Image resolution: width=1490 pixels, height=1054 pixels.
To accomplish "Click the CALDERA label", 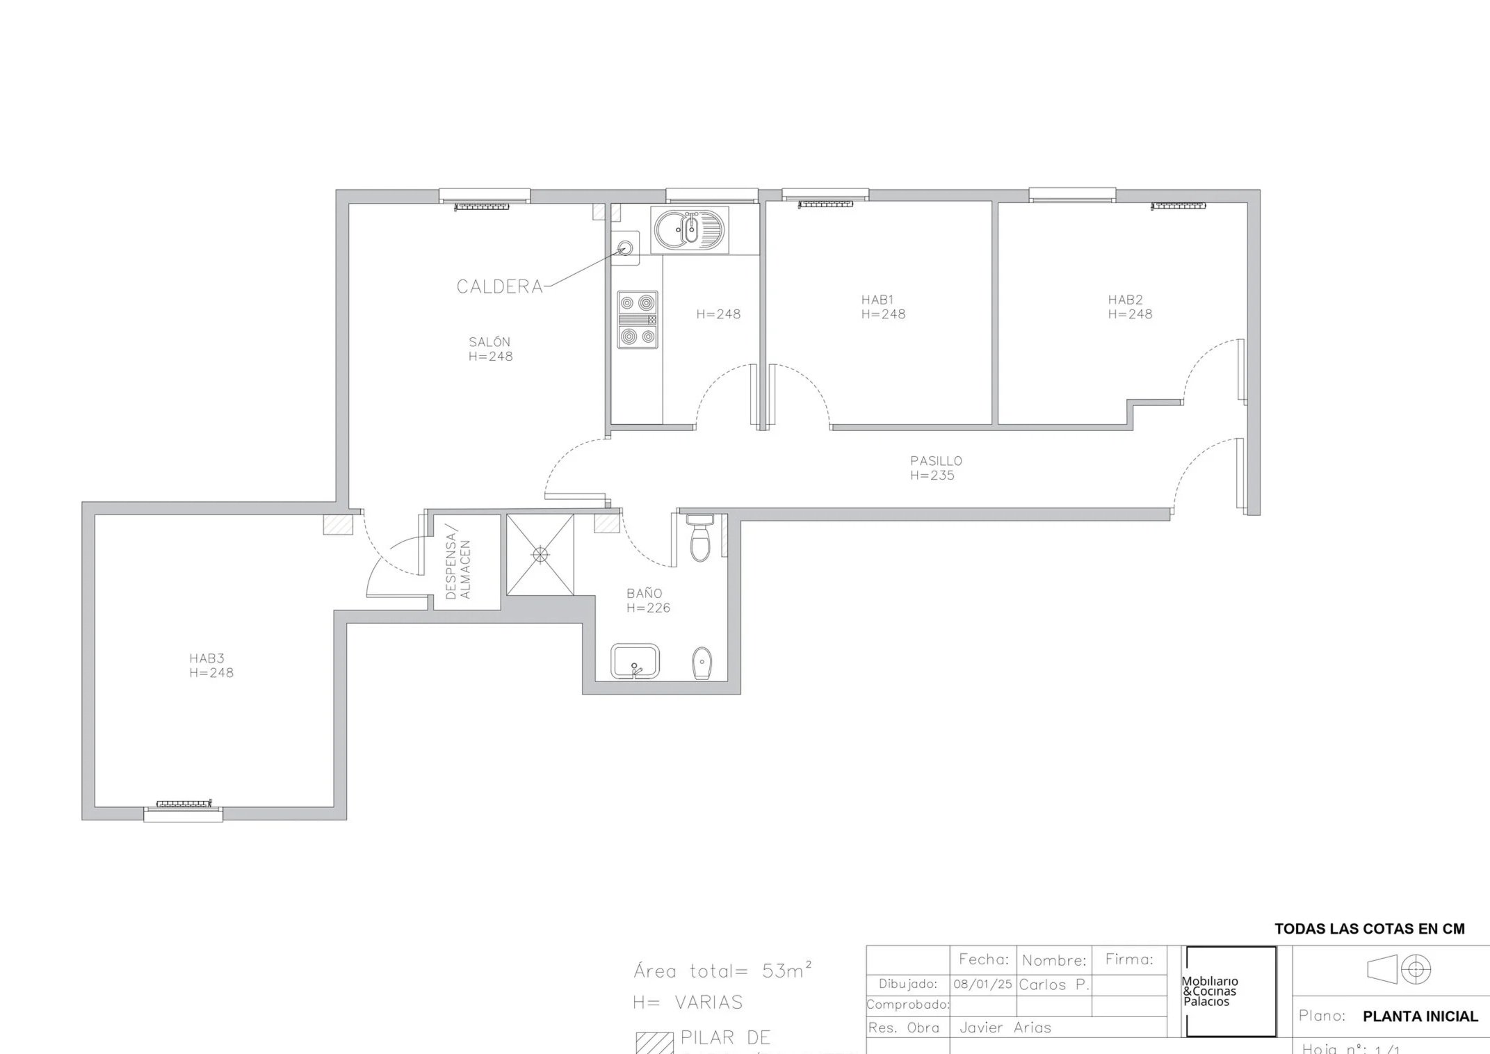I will tap(499, 286).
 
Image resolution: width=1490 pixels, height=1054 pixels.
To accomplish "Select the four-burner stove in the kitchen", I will tap(638, 320).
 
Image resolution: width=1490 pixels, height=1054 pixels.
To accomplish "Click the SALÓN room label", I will tap(489, 342).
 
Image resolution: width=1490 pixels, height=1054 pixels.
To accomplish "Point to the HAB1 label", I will tap(877, 300).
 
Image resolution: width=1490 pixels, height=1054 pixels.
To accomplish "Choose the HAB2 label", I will tap(1125, 300).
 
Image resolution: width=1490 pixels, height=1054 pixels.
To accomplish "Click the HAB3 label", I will tap(207, 658).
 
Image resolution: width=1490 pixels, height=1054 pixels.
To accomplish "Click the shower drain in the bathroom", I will tap(540, 554).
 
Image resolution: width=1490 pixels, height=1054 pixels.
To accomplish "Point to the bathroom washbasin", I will tap(635, 661).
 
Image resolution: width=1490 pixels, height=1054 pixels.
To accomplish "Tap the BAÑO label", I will tap(644, 594).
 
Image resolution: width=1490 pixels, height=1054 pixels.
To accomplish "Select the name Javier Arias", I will tap(1005, 1028).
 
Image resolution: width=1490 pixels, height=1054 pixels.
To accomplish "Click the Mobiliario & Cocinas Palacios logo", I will tap(1231, 991).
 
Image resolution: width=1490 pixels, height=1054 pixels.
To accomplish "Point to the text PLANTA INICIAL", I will tap(1420, 1016).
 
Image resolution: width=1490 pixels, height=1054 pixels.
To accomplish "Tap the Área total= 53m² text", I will tap(722, 971).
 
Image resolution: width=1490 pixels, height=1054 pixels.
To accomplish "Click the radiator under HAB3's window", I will tap(184, 804).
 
